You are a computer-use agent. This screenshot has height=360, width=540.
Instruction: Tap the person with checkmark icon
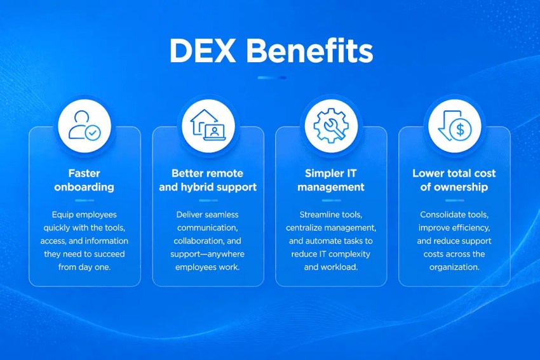(84, 125)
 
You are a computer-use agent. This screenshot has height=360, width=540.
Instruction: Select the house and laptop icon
(208, 125)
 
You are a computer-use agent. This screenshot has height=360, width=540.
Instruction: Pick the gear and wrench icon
(331, 125)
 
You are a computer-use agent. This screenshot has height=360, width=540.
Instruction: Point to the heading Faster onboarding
(84, 180)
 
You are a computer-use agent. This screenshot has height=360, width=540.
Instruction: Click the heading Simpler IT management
(331, 180)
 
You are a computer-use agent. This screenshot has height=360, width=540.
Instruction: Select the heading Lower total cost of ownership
(454, 180)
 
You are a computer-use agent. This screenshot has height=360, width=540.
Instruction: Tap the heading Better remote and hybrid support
(208, 180)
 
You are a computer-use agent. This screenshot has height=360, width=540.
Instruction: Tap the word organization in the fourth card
(454, 267)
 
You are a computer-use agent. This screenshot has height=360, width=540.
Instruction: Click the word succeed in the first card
(109, 254)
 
